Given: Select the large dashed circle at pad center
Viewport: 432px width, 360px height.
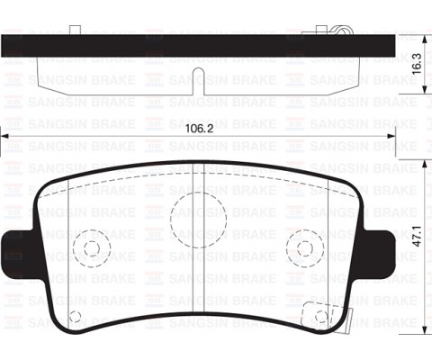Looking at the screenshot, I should (190, 217).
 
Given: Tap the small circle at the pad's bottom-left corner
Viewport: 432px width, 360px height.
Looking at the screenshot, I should (76, 315).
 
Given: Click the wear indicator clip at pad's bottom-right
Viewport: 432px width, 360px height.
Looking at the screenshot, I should (316, 315).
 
